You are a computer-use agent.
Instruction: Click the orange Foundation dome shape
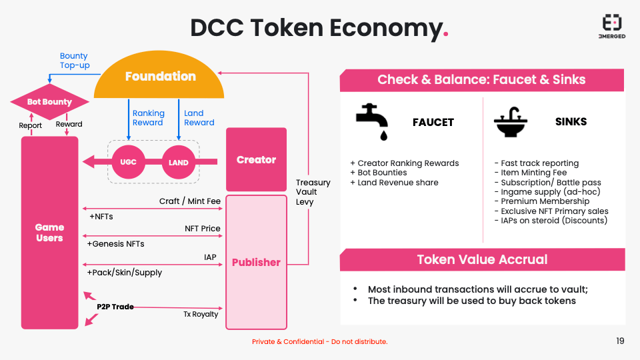[x=159, y=75]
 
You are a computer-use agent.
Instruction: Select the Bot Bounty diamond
[x=49, y=101]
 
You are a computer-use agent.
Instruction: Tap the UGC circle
[x=128, y=162]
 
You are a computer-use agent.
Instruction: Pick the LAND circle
[x=179, y=162]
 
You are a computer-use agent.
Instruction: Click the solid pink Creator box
[x=256, y=159]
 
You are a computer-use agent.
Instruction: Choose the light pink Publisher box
[x=256, y=262]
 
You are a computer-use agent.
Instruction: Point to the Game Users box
[x=49, y=233]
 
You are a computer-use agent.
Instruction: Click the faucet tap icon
[x=372, y=121]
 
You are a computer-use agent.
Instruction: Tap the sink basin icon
[x=511, y=122]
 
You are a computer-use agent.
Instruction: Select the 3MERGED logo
[x=612, y=27]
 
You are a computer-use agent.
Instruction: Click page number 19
[x=620, y=341]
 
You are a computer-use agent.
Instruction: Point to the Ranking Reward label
[x=149, y=117]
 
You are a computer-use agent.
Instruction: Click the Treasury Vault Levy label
[x=313, y=192]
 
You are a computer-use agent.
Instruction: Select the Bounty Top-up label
[x=75, y=61]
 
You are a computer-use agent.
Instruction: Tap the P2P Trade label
[x=115, y=307]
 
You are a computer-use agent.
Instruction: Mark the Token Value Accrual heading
[x=482, y=259]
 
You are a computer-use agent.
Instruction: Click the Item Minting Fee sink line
[x=530, y=173]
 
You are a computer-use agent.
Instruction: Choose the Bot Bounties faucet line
[x=379, y=173]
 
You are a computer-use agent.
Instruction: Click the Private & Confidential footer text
[x=319, y=341]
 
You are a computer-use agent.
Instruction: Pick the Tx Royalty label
[x=201, y=314]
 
